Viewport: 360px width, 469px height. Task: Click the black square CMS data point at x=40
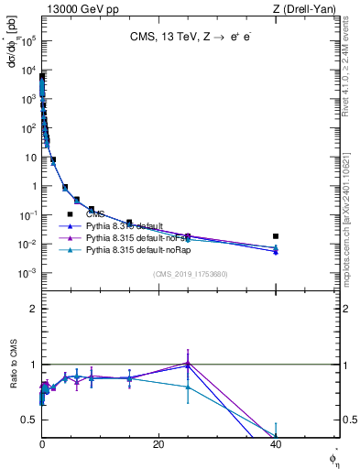[x=276, y=236]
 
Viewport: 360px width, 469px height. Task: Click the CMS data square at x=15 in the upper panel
[x=129, y=223]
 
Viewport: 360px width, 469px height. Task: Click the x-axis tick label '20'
[x=158, y=444]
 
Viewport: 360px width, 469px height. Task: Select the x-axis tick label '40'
[x=276, y=444]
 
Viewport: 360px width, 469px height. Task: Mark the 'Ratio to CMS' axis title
[x=14, y=389]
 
